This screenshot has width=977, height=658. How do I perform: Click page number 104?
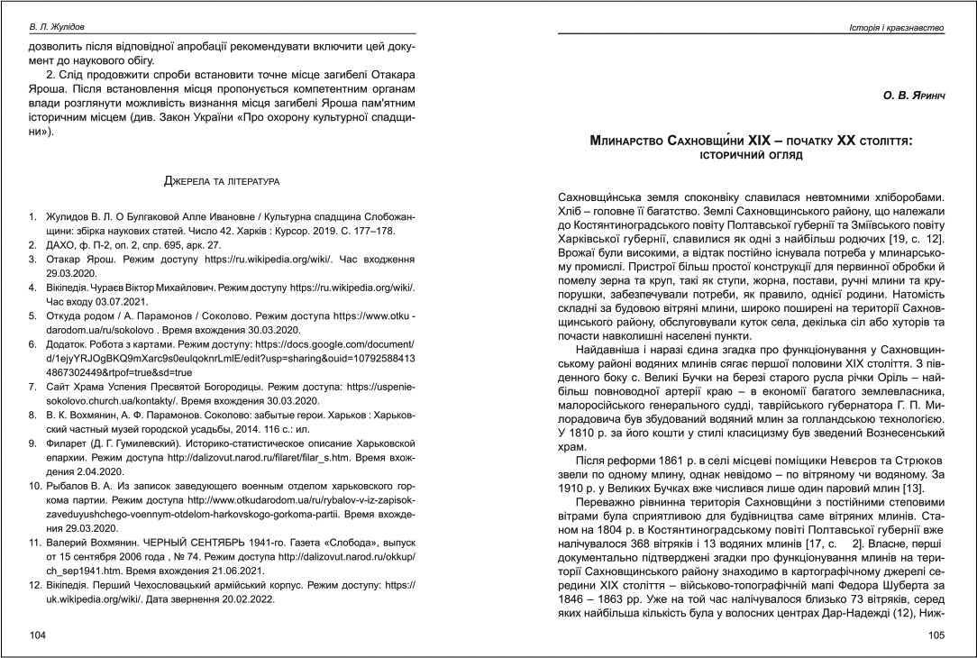click(x=37, y=635)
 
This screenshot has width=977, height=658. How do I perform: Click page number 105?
click(x=936, y=635)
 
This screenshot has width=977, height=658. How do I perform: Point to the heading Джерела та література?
click(x=222, y=182)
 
